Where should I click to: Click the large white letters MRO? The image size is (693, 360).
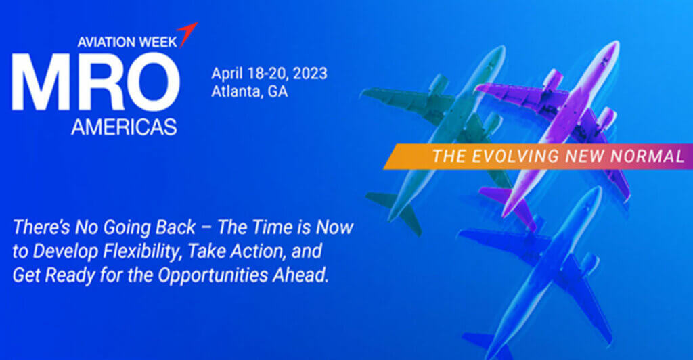click(x=95, y=82)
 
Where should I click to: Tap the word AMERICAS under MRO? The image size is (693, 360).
click(x=124, y=127)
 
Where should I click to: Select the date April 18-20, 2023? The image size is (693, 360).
click(x=269, y=73)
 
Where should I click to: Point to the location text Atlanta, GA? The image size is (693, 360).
click(x=249, y=91)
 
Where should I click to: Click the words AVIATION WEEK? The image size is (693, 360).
click(x=127, y=42)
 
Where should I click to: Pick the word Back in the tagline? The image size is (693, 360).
click(x=175, y=227)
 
